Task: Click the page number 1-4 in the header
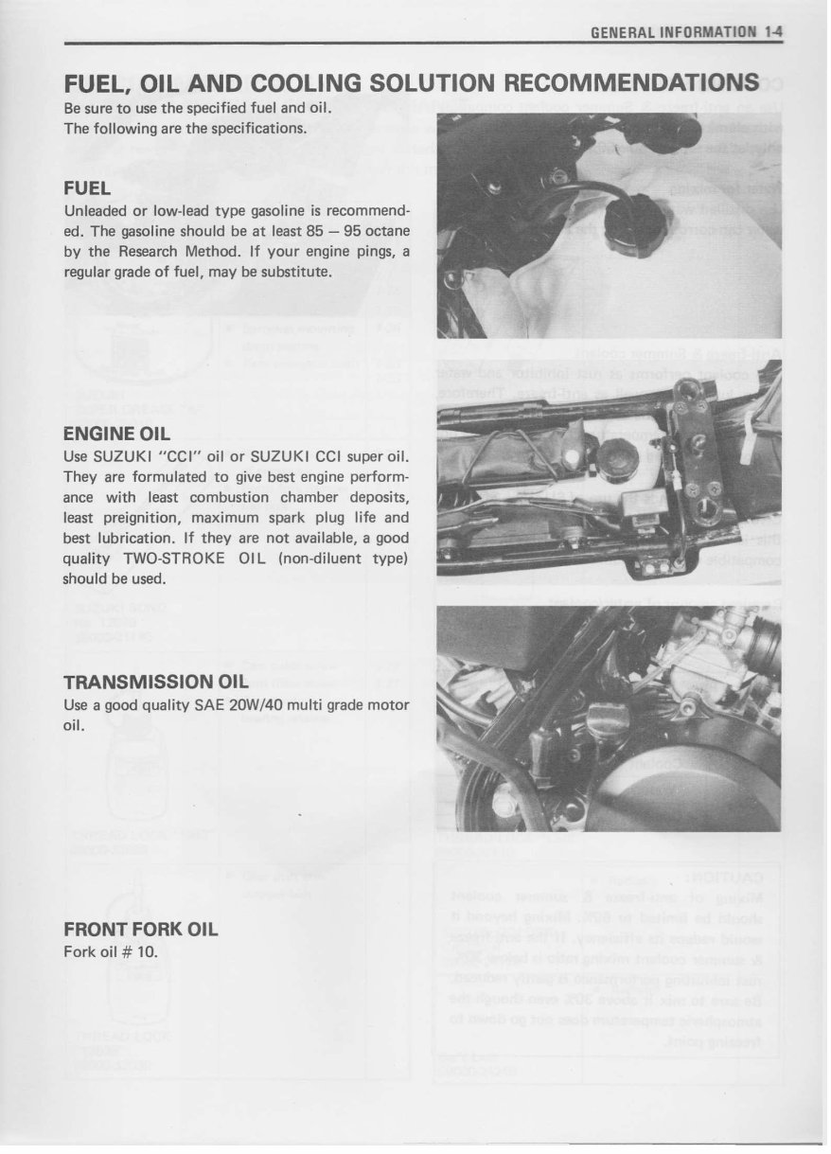tap(774, 31)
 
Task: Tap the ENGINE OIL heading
tap(116, 435)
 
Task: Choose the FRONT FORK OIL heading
tap(140, 930)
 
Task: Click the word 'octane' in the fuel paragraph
tap(387, 232)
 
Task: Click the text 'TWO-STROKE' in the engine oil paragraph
tap(174, 559)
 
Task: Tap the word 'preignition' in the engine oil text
tap(131, 518)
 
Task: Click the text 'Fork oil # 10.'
tap(110, 951)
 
